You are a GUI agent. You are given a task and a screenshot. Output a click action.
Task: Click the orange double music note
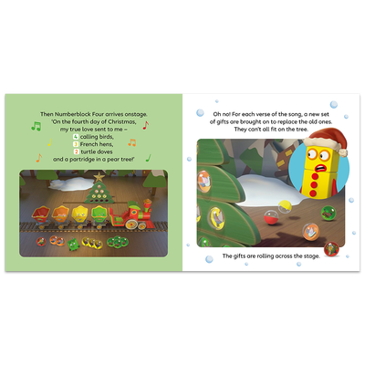(x=131, y=142)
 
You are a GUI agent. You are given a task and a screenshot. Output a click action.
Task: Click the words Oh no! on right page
(x=209, y=112)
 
